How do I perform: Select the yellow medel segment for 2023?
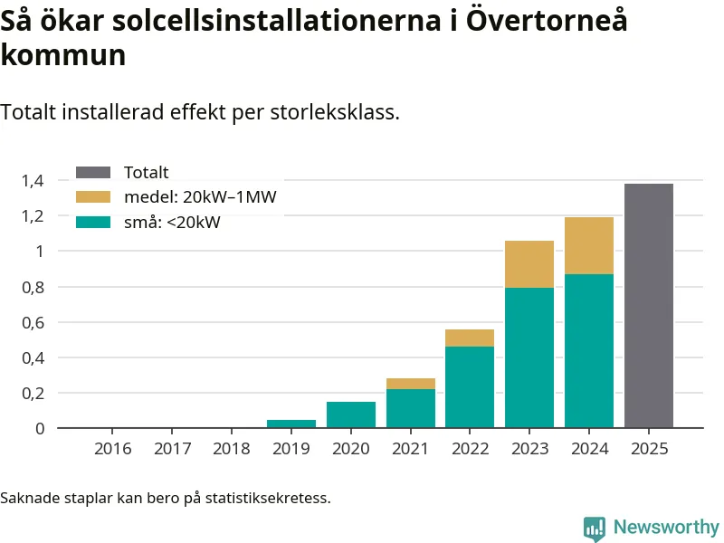coord(529,264)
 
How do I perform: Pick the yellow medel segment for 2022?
coord(470,338)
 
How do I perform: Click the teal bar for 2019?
coord(291,424)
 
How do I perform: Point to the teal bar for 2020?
coord(351,414)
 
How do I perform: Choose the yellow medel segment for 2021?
coord(411,384)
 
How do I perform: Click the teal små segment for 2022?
coord(470,386)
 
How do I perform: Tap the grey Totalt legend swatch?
coord(93,173)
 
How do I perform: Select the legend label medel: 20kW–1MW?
coord(199,197)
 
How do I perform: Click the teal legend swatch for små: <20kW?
coord(93,222)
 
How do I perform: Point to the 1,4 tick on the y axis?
coord(33,181)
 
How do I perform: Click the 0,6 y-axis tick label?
coord(33,322)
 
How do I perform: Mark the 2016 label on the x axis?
coord(113,449)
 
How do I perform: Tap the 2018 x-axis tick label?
coord(232,449)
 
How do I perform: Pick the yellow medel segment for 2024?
coord(589,245)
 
